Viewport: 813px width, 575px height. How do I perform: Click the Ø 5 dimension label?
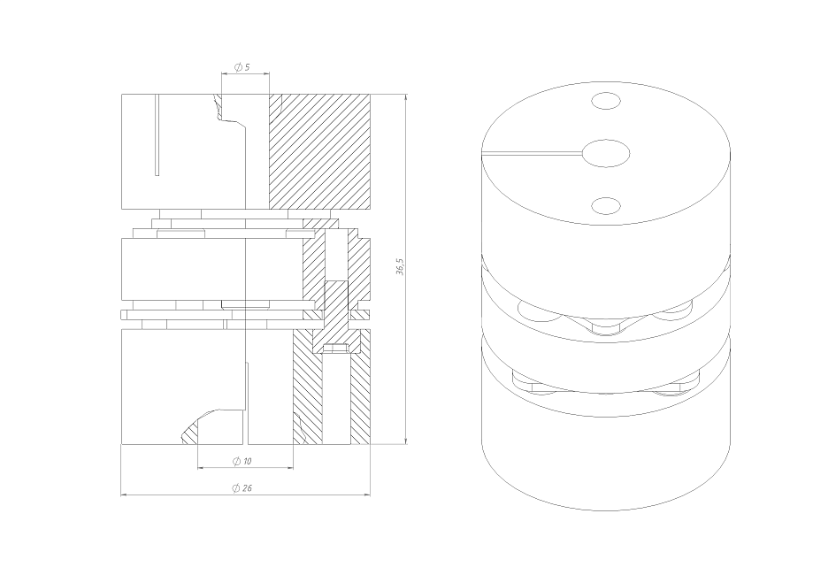pos(242,67)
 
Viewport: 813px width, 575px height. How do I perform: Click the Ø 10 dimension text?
pos(242,461)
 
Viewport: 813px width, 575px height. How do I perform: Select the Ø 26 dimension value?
pos(242,488)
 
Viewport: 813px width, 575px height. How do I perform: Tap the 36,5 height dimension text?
pos(400,266)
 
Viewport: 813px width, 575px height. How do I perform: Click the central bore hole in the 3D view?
pos(606,153)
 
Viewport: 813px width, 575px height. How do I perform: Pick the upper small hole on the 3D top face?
pos(606,101)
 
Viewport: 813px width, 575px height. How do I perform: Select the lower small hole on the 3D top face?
pos(606,205)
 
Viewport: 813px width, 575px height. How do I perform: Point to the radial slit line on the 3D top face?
pos(532,153)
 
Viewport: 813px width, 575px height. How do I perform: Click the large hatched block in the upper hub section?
pos(319,152)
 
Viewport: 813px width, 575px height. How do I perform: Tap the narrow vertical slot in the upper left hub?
pos(157,134)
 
